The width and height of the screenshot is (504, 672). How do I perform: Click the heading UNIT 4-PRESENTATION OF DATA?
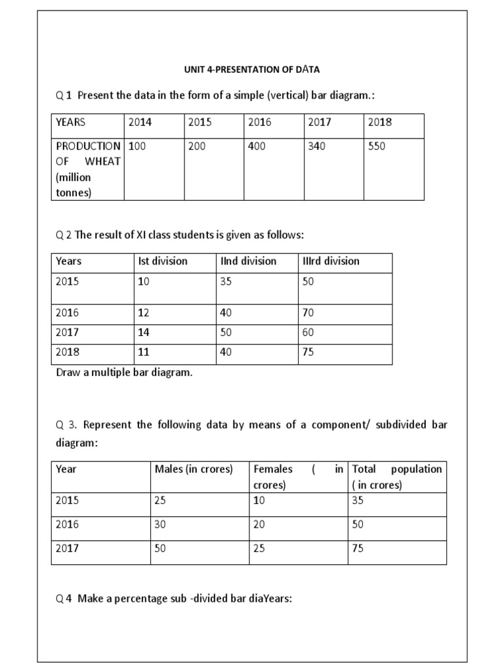click(x=251, y=69)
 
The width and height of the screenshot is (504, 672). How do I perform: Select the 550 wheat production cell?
click(x=377, y=146)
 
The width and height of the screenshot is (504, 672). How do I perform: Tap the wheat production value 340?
click(x=317, y=146)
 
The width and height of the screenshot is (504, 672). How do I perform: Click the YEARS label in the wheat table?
click(x=71, y=122)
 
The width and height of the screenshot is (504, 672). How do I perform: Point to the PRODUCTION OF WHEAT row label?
click(x=88, y=169)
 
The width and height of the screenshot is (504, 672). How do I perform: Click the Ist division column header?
click(x=163, y=261)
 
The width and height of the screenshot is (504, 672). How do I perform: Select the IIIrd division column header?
click(x=331, y=261)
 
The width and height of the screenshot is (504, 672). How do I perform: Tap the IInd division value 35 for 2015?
click(x=226, y=281)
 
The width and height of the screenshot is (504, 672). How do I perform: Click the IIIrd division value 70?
click(x=308, y=313)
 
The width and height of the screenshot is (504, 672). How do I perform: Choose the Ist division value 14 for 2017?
click(x=144, y=333)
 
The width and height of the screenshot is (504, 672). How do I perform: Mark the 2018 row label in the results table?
click(x=68, y=352)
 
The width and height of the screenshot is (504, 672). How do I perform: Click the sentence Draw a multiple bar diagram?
click(x=115, y=373)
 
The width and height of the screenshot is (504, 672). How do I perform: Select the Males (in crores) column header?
click(x=193, y=469)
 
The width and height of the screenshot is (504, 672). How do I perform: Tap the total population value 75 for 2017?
click(x=358, y=549)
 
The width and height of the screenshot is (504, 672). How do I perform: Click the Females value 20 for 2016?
click(x=259, y=525)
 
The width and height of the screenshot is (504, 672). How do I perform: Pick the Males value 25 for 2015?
click(x=159, y=500)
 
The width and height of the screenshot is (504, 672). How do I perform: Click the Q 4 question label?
click(x=64, y=598)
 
